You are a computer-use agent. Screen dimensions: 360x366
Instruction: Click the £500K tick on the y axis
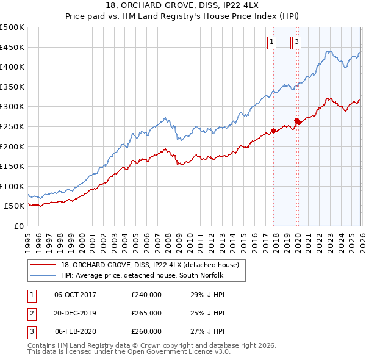(12, 27)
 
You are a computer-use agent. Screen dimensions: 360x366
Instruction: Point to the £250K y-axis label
(12, 126)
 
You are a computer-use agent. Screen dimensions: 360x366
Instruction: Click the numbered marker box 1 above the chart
(271, 42)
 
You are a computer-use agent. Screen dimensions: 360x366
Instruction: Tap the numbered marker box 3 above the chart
(296, 42)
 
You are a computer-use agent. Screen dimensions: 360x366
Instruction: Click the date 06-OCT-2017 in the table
(75, 295)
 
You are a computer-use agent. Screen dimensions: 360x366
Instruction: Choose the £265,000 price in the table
(146, 313)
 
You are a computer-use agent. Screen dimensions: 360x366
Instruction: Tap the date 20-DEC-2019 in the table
(75, 313)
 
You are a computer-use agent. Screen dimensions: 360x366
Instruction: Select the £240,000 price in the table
(146, 295)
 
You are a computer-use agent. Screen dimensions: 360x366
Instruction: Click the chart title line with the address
(183, 7)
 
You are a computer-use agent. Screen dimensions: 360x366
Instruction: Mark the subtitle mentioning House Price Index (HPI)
(183, 18)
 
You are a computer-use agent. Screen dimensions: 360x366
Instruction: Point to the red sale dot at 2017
(274, 130)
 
